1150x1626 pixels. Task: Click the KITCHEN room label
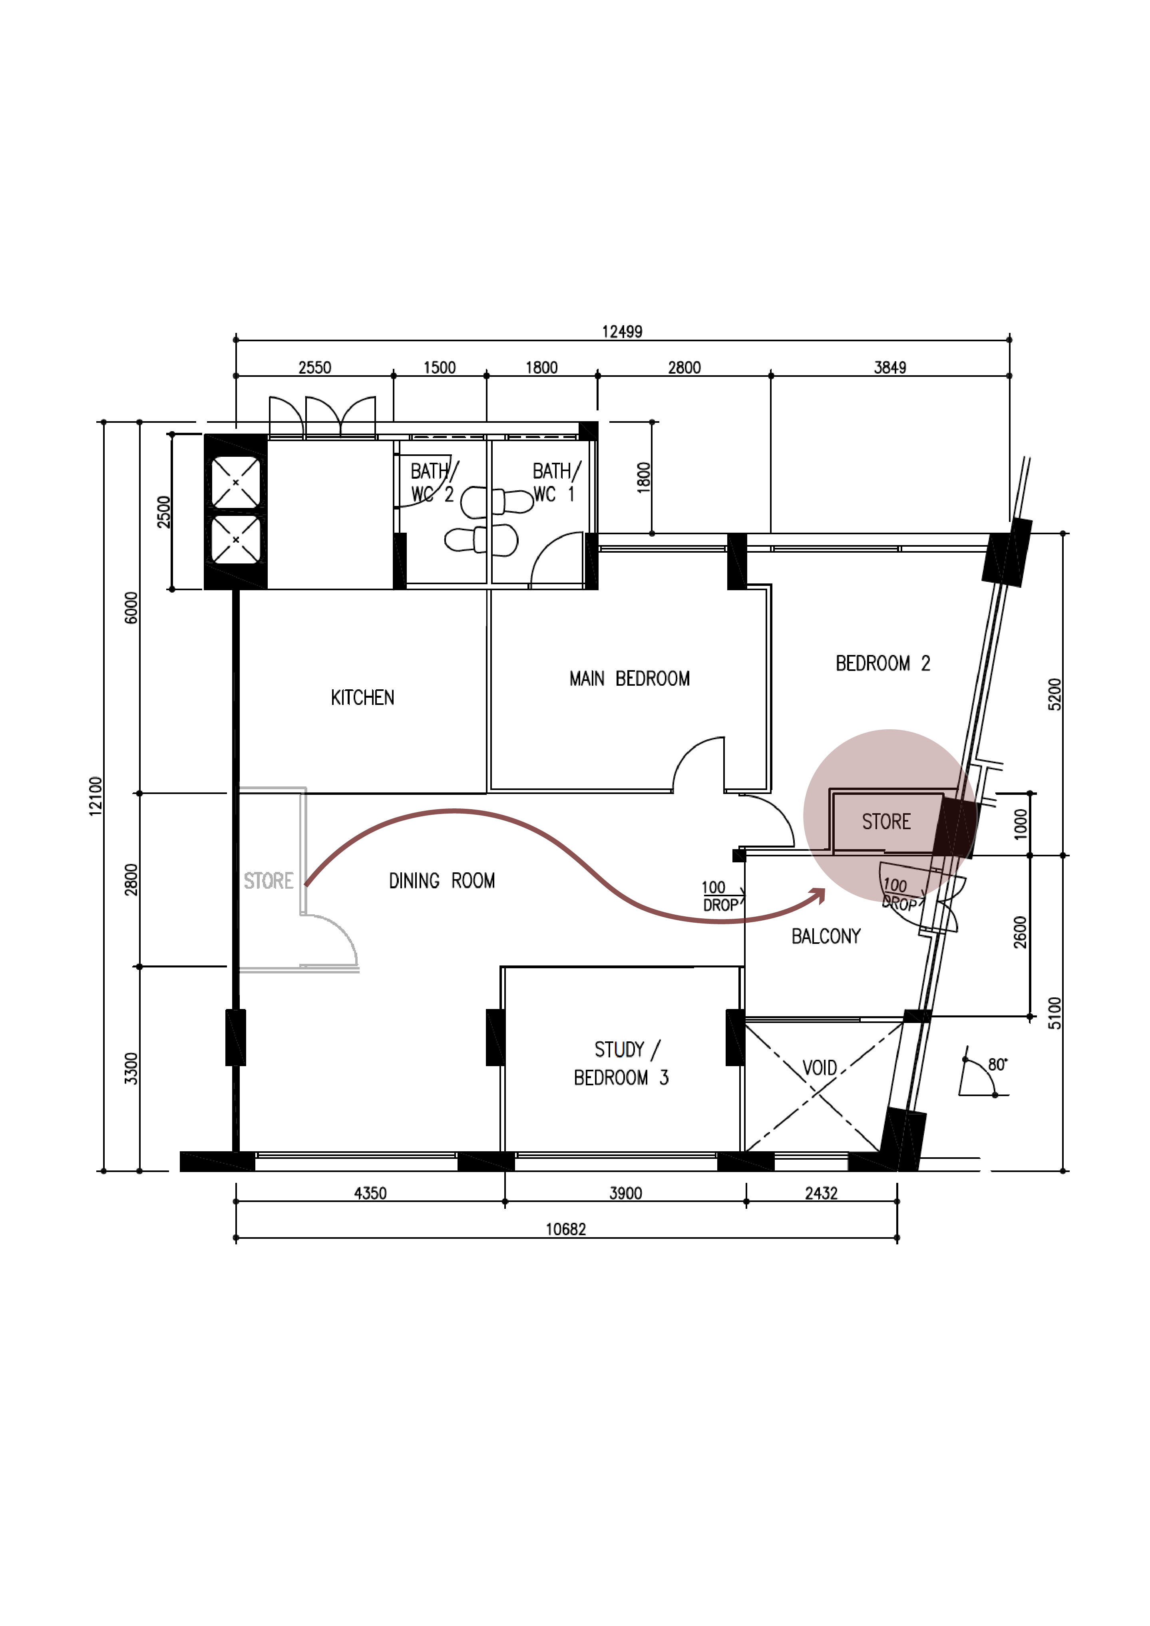coord(362,698)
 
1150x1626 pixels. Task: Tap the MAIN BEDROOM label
coord(629,679)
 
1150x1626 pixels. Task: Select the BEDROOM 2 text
coord(882,664)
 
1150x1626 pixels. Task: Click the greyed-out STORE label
coord(269,881)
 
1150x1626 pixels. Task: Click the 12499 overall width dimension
coord(622,331)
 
